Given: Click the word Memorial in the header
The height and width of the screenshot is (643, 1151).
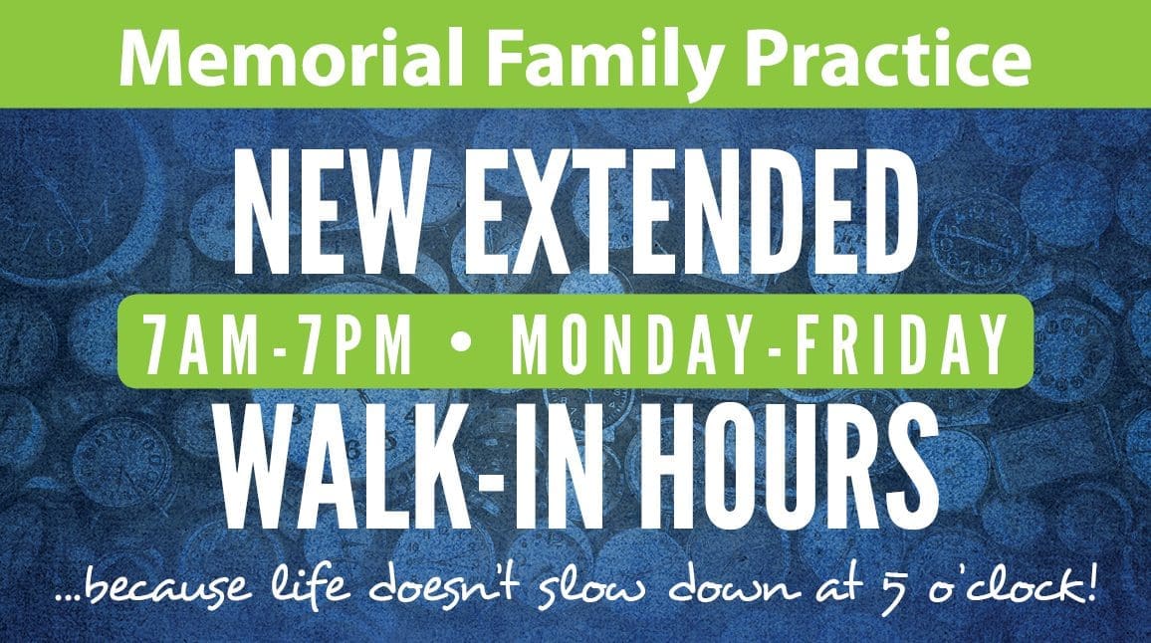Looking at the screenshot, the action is pos(292,59).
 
